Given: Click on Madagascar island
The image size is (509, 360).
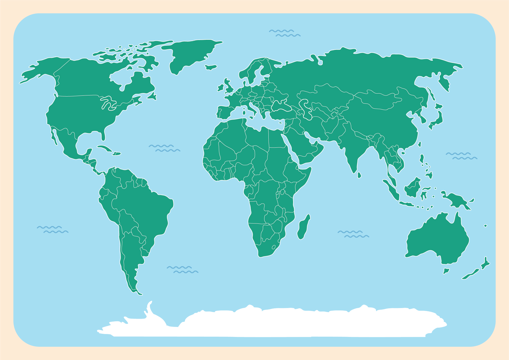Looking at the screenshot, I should [x=303, y=227].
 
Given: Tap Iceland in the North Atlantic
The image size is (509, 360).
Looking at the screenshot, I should [x=211, y=67].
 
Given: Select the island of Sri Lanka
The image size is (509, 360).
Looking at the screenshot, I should [x=359, y=175].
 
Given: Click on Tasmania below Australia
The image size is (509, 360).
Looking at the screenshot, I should [x=446, y=271].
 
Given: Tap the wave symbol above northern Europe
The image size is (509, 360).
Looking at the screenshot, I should [x=285, y=33].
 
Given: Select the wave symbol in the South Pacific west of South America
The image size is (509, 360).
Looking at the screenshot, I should [x=52, y=230].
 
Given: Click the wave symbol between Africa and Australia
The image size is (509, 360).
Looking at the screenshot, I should [x=353, y=234].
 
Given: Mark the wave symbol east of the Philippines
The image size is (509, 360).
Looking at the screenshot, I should [x=461, y=156].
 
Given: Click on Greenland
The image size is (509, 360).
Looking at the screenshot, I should [x=191, y=53].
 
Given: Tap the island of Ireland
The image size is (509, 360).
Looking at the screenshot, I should [x=220, y=88].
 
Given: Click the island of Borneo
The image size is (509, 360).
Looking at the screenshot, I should [x=412, y=188].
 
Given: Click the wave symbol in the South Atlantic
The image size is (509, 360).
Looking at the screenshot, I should [x=183, y=270].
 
